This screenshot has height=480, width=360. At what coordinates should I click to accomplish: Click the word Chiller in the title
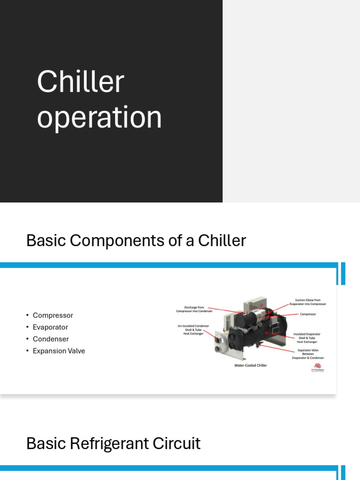(80, 82)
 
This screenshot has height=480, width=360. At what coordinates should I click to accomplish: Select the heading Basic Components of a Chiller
(136, 240)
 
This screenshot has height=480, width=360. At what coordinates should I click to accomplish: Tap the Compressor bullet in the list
(52, 315)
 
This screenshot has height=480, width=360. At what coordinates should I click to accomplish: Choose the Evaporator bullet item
(50, 327)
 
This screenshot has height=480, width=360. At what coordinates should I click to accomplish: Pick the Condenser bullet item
(51, 339)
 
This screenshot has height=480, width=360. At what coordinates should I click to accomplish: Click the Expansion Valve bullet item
(59, 351)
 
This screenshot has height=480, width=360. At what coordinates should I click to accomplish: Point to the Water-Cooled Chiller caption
(250, 365)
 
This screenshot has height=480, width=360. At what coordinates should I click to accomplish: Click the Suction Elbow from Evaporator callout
(307, 302)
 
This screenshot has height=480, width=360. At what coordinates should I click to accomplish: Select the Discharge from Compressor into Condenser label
(194, 309)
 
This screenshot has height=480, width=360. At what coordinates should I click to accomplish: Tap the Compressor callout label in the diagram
(308, 314)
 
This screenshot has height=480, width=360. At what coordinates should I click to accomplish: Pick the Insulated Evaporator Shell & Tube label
(307, 337)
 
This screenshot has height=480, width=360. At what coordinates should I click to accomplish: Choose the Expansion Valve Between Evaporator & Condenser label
(310, 354)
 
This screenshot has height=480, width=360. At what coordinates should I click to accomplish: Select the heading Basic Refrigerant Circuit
(113, 443)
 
